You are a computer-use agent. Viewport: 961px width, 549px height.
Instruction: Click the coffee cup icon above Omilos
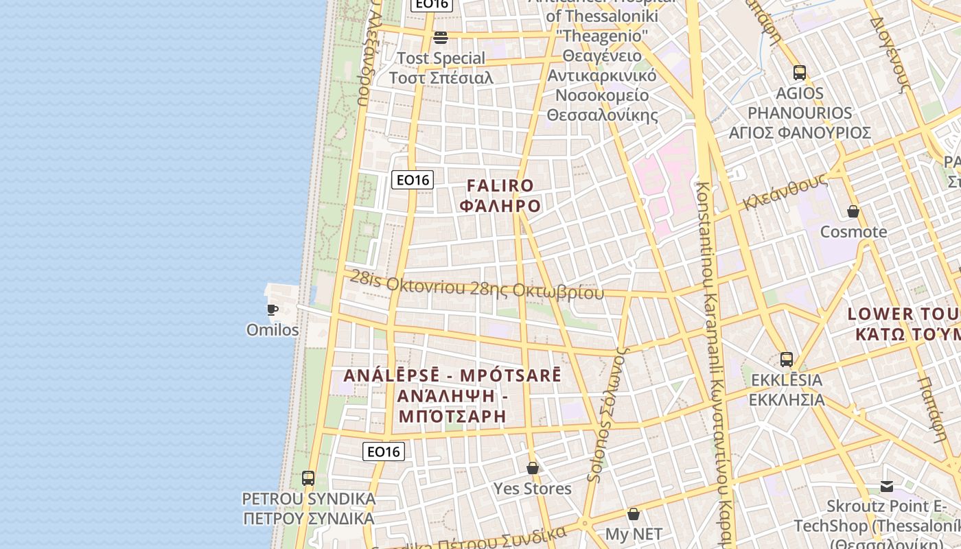pyautogui.click(x=273, y=309)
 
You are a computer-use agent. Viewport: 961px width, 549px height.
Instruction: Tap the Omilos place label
pyautogui.click(x=273, y=330)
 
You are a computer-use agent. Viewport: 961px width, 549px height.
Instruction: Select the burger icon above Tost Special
pyautogui.click(x=441, y=37)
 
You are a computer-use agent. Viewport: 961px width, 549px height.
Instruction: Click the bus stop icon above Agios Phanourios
pyautogui.click(x=799, y=73)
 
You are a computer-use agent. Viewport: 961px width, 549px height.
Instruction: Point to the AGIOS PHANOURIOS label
pyautogui.click(x=800, y=113)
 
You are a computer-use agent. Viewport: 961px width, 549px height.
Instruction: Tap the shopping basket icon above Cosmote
pyautogui.click(x=853, y=211)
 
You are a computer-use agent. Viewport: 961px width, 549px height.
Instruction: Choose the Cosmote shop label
pyautogui.click(x=853, y=232)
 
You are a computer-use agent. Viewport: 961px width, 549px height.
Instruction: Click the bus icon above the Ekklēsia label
pyautogui.click(x=787, y=359)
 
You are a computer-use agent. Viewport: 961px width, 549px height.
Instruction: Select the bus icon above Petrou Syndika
pyautogui.click(x=308, y=478)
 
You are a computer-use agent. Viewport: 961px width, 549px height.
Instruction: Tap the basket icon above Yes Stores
pyautogui.click(x=533, y=468)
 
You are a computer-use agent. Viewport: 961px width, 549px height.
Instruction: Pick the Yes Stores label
pyautogui.click(x=533, y=489)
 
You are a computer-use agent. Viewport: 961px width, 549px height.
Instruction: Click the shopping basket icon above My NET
pyautogui.click(x=634, y=513)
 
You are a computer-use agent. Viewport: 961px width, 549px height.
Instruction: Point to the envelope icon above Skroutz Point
pyautogui.click(x=887, y=486)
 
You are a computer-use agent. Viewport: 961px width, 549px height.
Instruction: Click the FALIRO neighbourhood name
pyautogui.click(x=500, y=186)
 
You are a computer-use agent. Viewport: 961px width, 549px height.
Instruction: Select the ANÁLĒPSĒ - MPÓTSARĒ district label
pyautogui.click(x=452, y=376)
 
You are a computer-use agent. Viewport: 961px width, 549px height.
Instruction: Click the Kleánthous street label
pyautogui.click(x=785, y=192)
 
